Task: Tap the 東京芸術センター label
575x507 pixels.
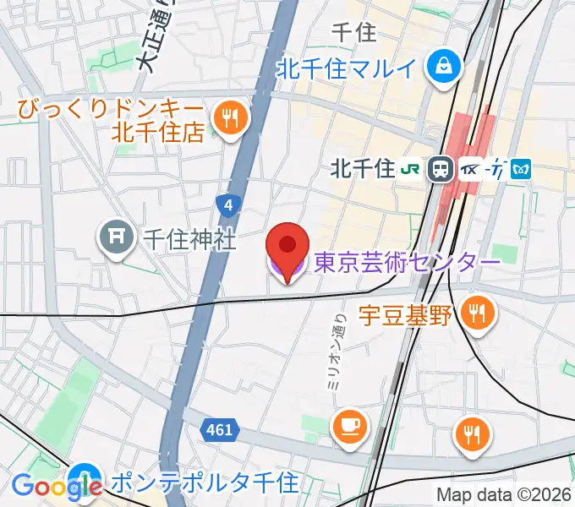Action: pyautogui.click(x=407, y=264)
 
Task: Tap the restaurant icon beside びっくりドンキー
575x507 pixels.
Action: pyautogui.click(x=229, y=118)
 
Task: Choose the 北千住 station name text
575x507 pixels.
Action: pyautogui.click(x=364, y=169)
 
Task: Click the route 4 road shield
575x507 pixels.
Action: pyautogui.click(x=227, y=204)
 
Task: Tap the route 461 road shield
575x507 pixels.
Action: pyautogui.click(x=218, y=431)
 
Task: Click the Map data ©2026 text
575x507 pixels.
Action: pyautogui.click(x=503, y=495)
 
